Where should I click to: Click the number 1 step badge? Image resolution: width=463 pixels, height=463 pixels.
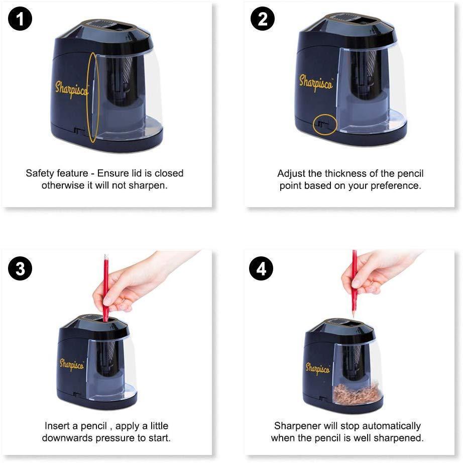coord(20,19)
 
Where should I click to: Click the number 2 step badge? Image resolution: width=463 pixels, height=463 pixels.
coord(262,19)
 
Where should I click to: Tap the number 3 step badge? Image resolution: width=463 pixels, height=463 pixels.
coord(20,268)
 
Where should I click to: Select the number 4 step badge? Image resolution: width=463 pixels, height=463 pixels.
coord(261,268)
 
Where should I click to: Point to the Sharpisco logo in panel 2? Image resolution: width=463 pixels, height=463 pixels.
coord(316,83)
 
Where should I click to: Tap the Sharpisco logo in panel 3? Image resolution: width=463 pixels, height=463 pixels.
coord(72,365)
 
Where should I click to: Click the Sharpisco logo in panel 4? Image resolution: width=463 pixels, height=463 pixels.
coord(317,369)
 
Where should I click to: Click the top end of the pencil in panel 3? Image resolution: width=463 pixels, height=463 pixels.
coord(105,255)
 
